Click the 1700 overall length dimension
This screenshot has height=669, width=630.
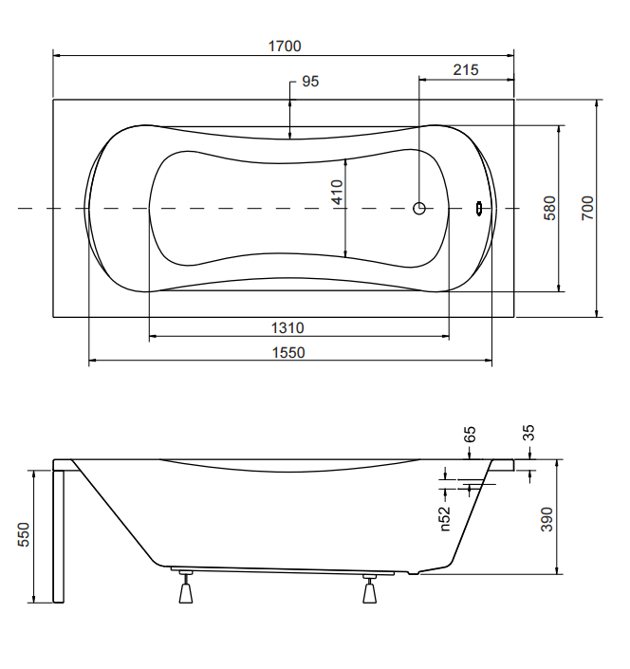click(x=285, y=46)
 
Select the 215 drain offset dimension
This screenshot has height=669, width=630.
click(x=466, y=69)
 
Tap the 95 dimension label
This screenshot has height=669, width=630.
click(x=310, y=81)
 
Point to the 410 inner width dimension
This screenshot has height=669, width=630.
click(x=337, y=193)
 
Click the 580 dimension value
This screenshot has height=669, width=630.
click(x=550, y=208)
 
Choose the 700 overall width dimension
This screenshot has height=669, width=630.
click(x=587, y=208)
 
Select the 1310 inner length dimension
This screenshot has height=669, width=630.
click(x=287, y=327)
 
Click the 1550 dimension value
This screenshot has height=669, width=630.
click(x=288, y=352)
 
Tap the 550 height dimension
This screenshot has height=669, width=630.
click(x=24, y=534)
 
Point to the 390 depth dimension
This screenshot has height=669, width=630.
click(x=547, y=519)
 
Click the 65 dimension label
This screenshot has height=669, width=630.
click(x=470, y=435)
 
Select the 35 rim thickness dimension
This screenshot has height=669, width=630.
click(x=528, y=433)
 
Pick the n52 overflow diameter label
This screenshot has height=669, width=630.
click(x=444, y=519)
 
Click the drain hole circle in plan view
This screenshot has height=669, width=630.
click(x=419, y=208)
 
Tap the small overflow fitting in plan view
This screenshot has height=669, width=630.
click(x=479, y=208)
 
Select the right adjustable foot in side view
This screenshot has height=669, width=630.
click(x=369, y=588)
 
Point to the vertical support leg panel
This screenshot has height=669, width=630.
click(x=59, y=536)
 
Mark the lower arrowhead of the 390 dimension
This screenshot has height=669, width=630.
click(x=557, y=570)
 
